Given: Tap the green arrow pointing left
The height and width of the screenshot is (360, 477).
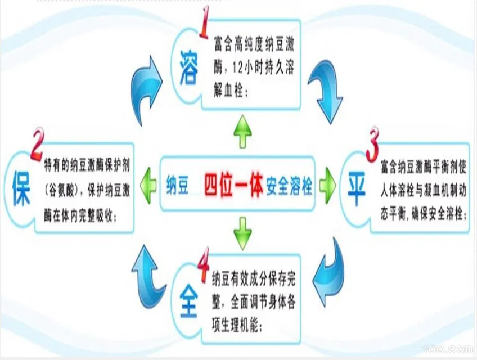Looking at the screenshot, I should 148,183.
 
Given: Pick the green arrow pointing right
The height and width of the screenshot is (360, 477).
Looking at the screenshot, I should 327,184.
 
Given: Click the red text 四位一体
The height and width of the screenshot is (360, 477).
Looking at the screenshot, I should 233,184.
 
